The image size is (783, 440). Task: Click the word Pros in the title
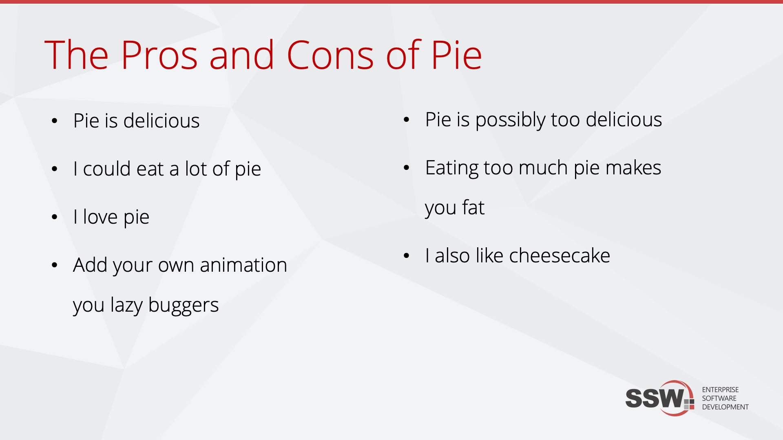coord(159,55)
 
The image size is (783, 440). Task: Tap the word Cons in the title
coord(330,55)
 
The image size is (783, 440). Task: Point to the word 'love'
coord(100,217)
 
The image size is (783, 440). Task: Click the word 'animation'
coord(243,265)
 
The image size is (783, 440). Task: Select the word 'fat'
coord(473,208)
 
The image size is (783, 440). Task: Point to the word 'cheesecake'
coord(560,256)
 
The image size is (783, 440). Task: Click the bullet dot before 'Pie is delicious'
coord(55,121)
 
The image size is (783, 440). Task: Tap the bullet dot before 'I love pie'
coord(55,217)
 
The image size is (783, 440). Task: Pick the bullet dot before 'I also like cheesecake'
coord(406,256)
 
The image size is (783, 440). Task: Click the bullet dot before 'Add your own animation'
coord(55,265)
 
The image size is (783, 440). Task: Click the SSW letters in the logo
coord(655,398)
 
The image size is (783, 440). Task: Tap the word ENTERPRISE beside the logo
coord(720,390)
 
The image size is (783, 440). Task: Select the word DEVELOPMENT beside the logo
coord(725,407)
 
